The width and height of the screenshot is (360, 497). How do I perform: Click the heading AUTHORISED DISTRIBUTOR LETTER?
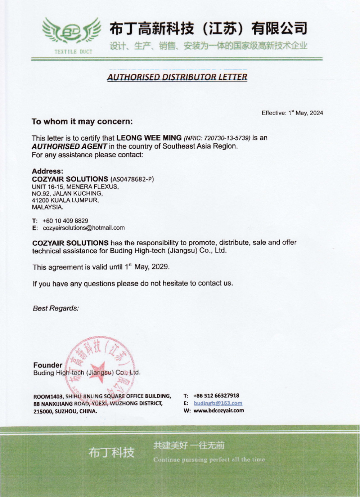(177, 77)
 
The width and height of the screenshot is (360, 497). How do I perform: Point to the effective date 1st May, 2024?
(305, 113)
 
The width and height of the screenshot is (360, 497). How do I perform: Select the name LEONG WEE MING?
(149, 138)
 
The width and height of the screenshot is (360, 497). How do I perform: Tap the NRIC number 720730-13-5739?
(227, 138)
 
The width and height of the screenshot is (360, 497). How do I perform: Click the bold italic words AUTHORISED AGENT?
(69, 147)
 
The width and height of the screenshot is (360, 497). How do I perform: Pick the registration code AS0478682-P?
(132, 179)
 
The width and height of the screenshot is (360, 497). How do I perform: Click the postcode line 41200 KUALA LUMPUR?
(65, 200)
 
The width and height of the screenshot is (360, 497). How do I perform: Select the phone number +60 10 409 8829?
(65, 221)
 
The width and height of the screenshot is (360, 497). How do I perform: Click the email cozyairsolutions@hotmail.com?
(84, 228)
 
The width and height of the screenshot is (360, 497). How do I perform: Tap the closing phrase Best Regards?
(56, 308)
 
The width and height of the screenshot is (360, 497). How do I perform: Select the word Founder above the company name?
(48, 365)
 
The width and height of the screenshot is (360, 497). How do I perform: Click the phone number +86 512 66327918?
(216, 396)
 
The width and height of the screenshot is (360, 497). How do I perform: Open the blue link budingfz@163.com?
(218, 403)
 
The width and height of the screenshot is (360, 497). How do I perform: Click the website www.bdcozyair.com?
(219, 411)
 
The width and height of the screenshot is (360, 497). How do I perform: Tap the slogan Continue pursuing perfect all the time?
(209, 460)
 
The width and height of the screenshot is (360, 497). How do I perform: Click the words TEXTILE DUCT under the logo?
(73, 52)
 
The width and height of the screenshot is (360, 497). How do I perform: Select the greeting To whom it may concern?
(82, 122)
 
